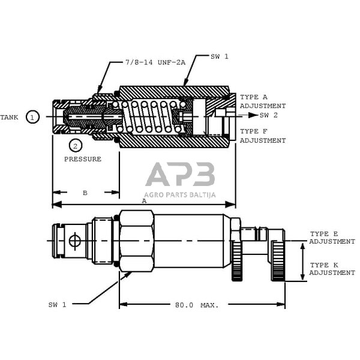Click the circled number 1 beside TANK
click(34, 117)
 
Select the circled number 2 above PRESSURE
click(75, 145)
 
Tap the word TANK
click(10, 117)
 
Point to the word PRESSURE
click(83, 160)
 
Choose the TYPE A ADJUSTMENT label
click(262, 101)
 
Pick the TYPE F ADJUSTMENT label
click(262, 136)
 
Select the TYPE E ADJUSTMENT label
click(332, 238)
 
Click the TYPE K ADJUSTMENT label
click(332, 269)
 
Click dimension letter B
click(85, 193)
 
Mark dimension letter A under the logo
click(143, 202)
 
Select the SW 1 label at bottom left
click(57, 305)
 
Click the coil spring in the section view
click(150, 116)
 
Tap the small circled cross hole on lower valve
click(74, 241)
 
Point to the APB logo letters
click(180, 175)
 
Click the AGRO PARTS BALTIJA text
click(180, 194)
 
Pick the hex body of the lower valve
click(136, 240)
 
